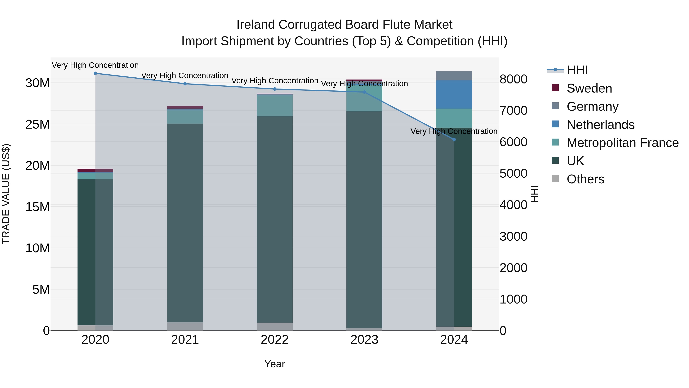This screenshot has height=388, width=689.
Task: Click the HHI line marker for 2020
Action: [95, 73]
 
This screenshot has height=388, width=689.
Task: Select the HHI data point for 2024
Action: [454, 139]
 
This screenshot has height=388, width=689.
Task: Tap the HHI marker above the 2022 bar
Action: [275, 89]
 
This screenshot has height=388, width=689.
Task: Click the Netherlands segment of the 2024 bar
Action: [454, 94]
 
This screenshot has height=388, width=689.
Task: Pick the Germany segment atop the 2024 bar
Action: [454, 76]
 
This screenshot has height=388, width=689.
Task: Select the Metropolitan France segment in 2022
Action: [275, 106]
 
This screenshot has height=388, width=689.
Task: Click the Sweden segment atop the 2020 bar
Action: [95, 170]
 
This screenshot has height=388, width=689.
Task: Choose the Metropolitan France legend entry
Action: [622, 143]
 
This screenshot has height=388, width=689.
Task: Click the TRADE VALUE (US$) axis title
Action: [6, 194]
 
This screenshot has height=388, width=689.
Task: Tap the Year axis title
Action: [275, 364]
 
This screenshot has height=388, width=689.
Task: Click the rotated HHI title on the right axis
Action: [534, 194]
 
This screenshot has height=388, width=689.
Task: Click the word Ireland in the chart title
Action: [256, 25]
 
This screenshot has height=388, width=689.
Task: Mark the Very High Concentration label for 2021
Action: [185, 75]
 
